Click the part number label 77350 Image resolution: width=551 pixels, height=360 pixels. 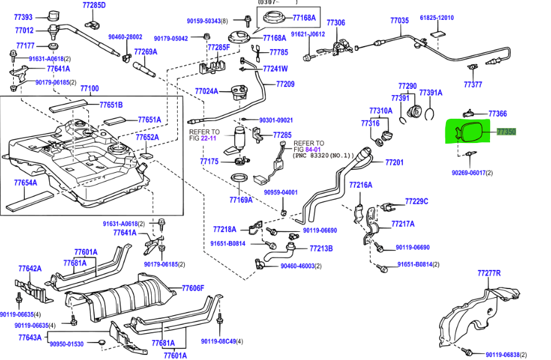(x=506, y=132)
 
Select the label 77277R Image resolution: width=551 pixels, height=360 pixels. (x=489, y=273)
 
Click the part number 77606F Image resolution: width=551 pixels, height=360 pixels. (x=193, y=288)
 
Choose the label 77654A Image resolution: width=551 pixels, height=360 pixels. (x=25, y=183)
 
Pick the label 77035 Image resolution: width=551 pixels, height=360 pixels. (x=399, y=21)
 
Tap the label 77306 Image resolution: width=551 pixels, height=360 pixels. (x=336, y=22)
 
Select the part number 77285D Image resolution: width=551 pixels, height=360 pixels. (x=94, y=6)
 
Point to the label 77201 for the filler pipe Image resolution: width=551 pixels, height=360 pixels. (x=394, y=162)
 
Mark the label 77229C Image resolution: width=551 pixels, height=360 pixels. (x=417, y=201)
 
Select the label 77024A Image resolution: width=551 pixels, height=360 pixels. (x=206, y=91)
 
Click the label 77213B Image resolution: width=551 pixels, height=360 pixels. (x=321, y=249)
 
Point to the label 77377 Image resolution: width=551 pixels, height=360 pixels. (x=473, y=84)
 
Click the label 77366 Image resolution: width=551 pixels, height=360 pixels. (x=498, y=114)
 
